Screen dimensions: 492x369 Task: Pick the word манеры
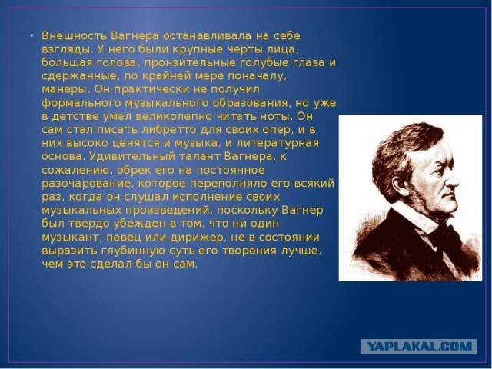click(65, 90)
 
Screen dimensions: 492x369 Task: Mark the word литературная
click(278, 144)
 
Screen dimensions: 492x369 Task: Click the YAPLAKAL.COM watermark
click(419, 347)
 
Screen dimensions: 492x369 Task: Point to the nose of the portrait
click(454, 179)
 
